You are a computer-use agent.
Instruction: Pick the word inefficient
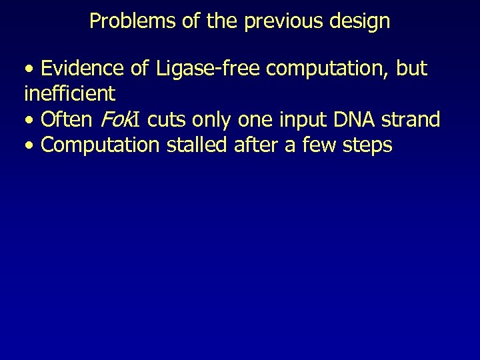pos(69,94)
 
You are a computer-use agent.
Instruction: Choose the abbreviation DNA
pos(353,120)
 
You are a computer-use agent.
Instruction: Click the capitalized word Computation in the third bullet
pos(100,145)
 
